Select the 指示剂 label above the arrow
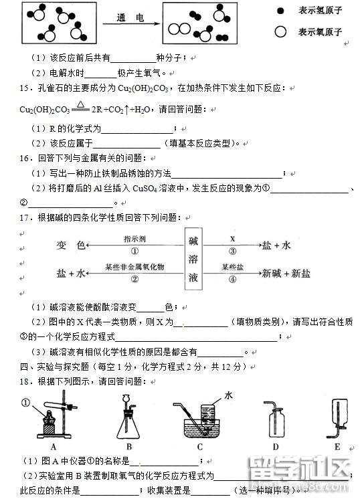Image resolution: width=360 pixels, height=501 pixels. point(135,238)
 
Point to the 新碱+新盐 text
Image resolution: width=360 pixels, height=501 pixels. point(286,273)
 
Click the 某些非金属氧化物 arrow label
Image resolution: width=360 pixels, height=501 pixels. point(134,267)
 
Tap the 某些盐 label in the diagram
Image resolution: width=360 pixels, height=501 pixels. point(232,267)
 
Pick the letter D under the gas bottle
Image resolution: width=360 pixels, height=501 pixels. point(275,446)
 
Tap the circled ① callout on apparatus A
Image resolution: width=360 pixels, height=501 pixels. point(26,402)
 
